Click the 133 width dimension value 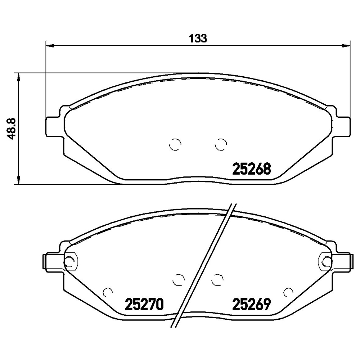click(x=198, y=39)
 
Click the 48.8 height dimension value click(x=11, y=129)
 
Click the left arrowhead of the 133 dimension click(x=50, y=46)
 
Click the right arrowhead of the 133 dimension click(x=346, y=46)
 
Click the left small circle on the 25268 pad click(x=175, y=145)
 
